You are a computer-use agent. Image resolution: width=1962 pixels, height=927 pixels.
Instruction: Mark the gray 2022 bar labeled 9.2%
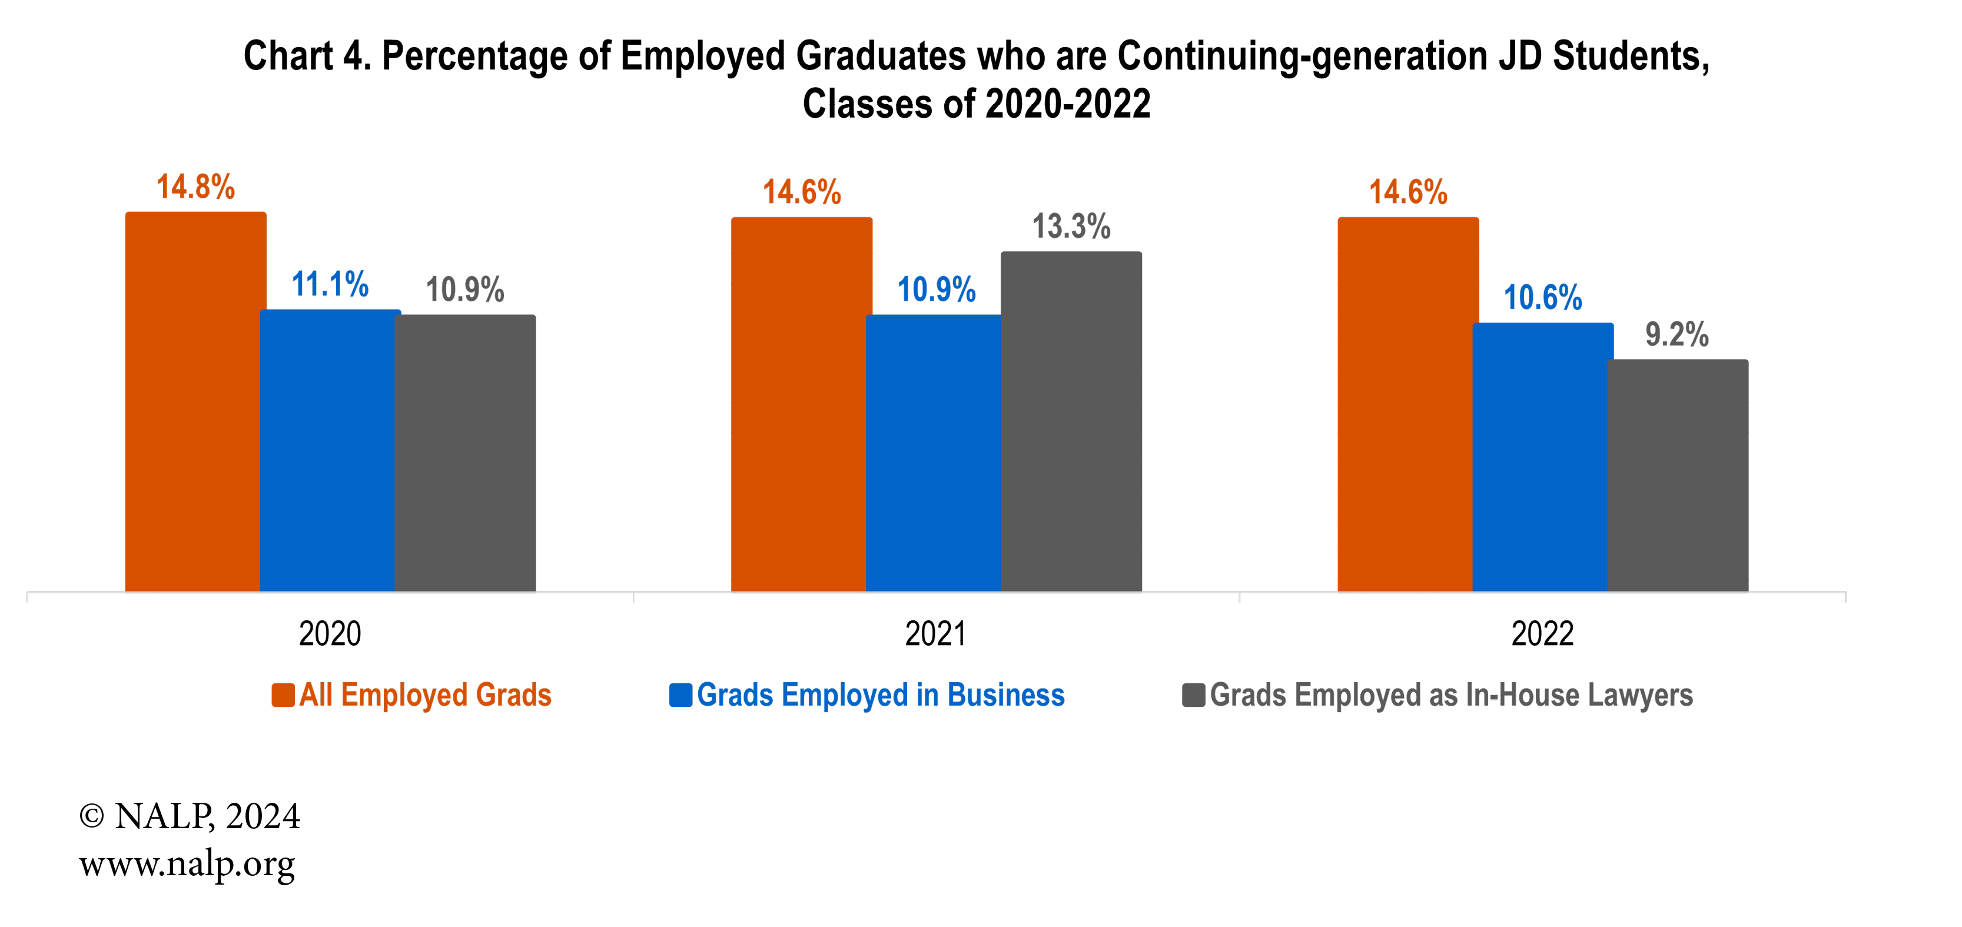(x=1677, y=476)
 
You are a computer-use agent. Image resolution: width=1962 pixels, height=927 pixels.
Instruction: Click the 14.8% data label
(x=196, y=187)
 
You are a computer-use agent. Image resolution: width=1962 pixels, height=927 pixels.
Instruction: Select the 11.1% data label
(x=330, y=285)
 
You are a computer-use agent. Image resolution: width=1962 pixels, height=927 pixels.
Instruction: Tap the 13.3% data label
(x=1071, y=227)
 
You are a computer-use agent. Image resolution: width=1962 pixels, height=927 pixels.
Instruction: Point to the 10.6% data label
(x=1542, y=298)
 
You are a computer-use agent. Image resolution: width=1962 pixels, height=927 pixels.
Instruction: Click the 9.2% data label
(x=1677, y=335)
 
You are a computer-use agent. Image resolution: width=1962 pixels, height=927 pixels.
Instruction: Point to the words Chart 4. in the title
(x=307, y=57)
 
